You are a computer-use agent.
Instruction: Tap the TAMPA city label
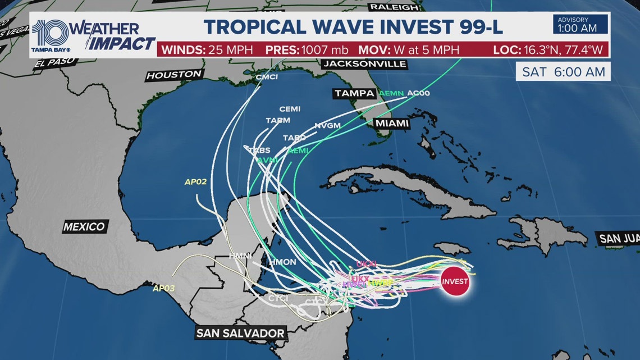[355, 93]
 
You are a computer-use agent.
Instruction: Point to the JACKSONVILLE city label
[365, 64]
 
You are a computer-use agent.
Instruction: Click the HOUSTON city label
[174, 75]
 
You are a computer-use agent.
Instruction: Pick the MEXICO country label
[84, 227]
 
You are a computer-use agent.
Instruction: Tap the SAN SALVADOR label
[240, 333]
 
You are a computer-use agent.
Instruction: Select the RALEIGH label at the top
[394, 7]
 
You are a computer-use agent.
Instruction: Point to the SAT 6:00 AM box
[563, 72]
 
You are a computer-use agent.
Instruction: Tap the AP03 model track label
[164, 289]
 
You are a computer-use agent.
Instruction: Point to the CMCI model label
[267, 77]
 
